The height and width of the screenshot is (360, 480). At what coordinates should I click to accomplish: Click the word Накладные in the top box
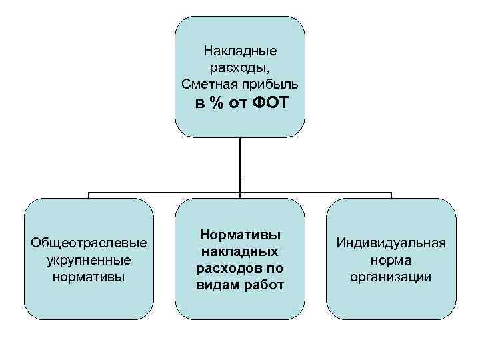pos(240,51)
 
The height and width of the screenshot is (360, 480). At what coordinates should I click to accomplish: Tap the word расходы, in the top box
pos(240,67)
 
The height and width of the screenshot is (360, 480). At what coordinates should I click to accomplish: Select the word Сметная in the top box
pos(205,84)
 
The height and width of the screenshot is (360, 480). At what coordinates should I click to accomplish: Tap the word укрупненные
pos(89,259)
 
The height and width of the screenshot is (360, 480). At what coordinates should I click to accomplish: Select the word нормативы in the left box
pos(89,276)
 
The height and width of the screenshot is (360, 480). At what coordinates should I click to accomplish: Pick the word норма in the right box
pos(391,259)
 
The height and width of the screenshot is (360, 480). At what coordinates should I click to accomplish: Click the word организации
pos(391,276)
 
